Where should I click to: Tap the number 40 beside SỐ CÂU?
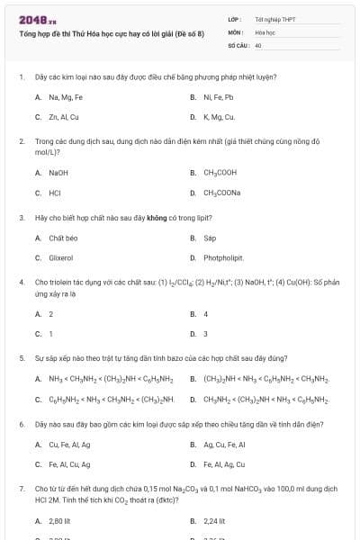258,44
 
